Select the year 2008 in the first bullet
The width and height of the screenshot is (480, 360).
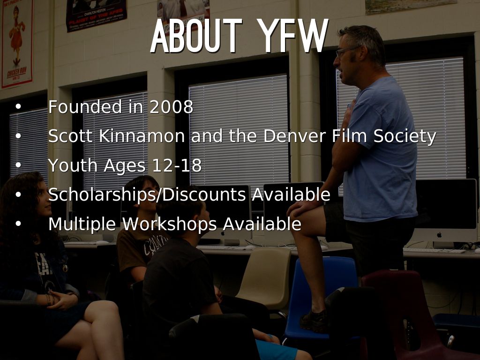pyautogui.click(x=171, y=107)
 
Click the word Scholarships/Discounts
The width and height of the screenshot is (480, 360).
pyautogui.click(x=149, y=195)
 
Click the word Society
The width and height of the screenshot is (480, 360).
pyautogui.click(x=405, y=136)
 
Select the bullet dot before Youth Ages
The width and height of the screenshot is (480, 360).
pyautogui.click(x=18, y=165)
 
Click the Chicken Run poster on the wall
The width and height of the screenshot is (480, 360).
pyautogui.click(x=16, y=45)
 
